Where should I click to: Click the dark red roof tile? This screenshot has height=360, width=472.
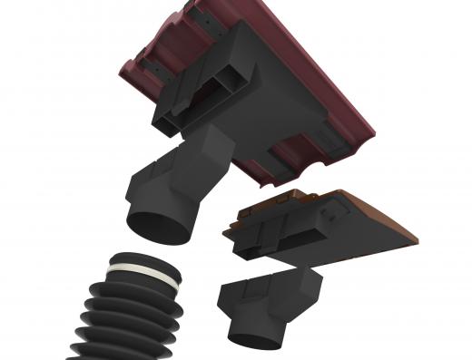point(300,54)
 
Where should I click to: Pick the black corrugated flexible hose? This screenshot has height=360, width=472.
point(127,308)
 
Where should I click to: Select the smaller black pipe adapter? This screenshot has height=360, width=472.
point(268,304)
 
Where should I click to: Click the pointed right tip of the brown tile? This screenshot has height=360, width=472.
point(416,240)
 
